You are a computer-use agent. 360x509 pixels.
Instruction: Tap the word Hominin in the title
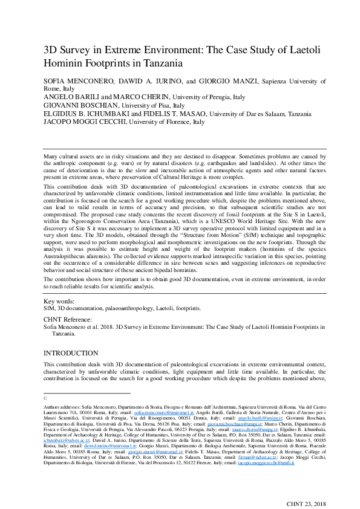pyautogui.click(x=64, y=62)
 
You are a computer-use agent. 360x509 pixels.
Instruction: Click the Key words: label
pyautogui.click(x=59, y=300)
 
